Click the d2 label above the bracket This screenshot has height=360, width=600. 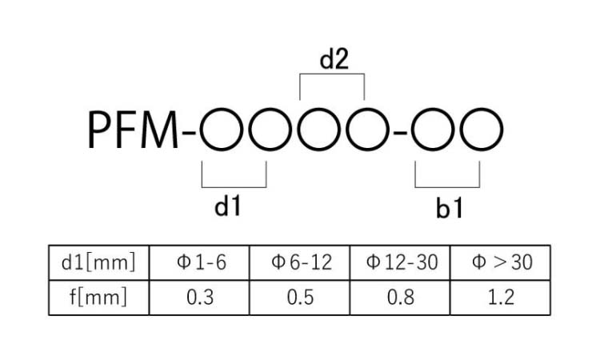334,59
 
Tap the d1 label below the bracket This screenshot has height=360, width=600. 228,206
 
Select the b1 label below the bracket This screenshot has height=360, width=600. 450,209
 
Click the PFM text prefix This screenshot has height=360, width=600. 133,130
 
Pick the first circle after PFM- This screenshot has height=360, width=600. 201,130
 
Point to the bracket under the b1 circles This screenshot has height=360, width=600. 447,187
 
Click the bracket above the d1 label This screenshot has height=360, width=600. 234,187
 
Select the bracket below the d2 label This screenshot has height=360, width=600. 332,74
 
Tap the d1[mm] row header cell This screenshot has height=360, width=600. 98,262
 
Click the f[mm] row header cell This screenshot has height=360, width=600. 98,298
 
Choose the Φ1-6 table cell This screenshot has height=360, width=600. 199,262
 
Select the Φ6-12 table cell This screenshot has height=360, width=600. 300,262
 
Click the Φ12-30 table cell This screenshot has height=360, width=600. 400,262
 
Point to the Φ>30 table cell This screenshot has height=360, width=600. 501,262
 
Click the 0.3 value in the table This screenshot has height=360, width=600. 200,298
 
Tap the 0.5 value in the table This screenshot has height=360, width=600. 300,298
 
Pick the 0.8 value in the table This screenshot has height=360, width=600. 401,298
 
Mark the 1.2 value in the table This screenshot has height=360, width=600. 502,298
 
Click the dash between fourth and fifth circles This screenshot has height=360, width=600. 400,133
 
